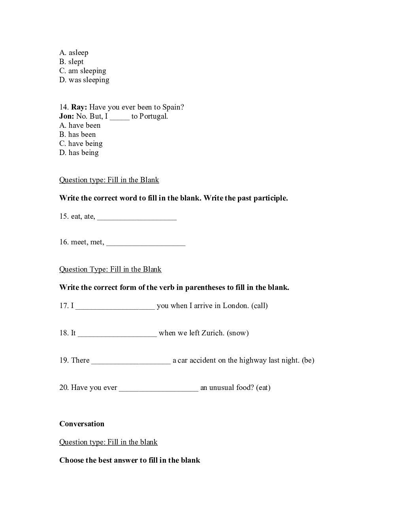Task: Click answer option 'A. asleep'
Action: [x=74, y=53]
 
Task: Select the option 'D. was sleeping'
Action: [x=84, y=80]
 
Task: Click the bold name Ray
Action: [x=79, y=107]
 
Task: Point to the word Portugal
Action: [x=153, y=116]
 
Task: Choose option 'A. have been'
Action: [x=80, y=125]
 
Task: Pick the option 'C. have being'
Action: [x=81, y=144]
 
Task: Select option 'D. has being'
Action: [x=79, y=153]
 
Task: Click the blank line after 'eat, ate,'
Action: [x=137, y=217]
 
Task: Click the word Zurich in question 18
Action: [x=213, y=333]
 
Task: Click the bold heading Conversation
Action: [x=82, y=424]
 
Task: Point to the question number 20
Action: [x=64, y=388]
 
